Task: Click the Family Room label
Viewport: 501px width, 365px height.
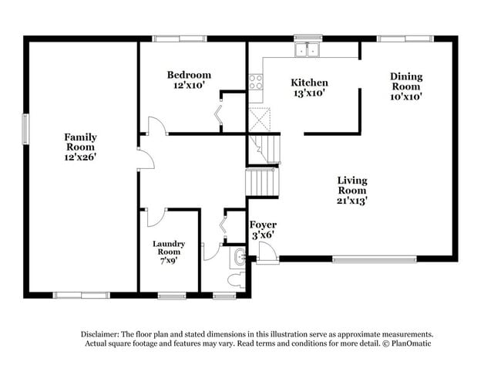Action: point(80,141)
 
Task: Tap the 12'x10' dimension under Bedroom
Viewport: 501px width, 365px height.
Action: point(189,86)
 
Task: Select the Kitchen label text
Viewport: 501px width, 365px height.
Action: point(309,83)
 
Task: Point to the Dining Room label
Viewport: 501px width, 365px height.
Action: point(405,81)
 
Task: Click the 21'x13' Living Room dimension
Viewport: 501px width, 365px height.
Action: point(351,200)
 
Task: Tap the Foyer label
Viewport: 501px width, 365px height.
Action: point(263,225)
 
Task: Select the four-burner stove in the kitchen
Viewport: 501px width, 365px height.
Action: point(255,82)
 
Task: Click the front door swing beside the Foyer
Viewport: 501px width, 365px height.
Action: point(267,252)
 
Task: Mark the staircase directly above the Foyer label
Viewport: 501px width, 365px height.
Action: point(261,183)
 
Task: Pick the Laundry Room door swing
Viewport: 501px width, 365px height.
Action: point(156,217)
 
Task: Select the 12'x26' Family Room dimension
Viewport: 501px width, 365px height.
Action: point(80,157)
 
